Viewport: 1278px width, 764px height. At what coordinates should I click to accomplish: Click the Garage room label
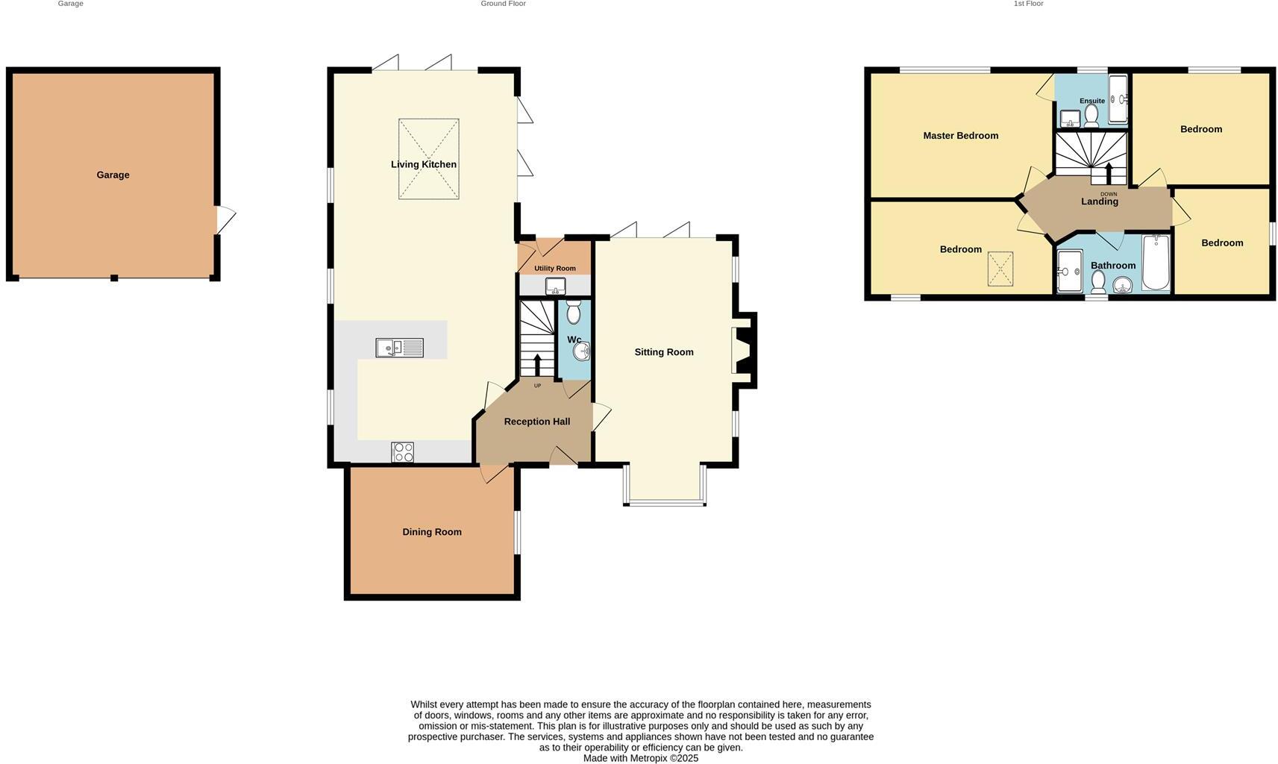[x=113, y=175]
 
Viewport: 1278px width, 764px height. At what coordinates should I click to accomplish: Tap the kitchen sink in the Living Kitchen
[x=399, y=348]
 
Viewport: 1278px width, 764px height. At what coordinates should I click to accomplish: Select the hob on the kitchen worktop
[x=402, y=452]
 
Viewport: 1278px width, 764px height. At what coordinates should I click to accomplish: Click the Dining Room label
[x=432, y=532]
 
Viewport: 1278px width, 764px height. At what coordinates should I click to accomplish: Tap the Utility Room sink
[x=555, y=286]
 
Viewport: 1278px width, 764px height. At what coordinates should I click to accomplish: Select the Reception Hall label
[x=536, y=422]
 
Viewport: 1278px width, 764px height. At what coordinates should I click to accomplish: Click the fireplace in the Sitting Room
[x=744, y=351]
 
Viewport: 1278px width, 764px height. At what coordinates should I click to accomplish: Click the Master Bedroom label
[x=960, y=136]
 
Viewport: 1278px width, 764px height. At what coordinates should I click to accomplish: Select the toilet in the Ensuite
[x=1091, y=115]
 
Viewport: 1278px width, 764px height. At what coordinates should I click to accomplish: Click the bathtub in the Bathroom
[x=1156, y=263]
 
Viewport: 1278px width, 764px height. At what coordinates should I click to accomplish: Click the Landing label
[x=1100, y=201]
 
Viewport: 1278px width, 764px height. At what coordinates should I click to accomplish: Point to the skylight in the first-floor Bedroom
[x=1000, y=269]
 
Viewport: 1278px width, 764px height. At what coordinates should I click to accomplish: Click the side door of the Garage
[x=225, y=220]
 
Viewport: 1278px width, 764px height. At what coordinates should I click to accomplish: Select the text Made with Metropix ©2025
[x=640, y=758]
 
